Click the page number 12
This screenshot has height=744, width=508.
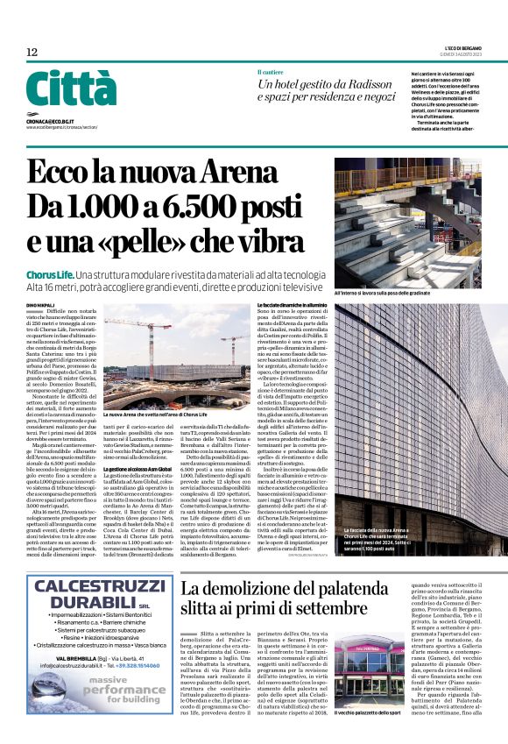coord(32,52)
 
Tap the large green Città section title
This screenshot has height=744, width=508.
coord(71,89)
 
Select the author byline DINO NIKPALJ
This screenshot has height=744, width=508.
coord(41,303)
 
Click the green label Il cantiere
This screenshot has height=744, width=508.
coord(270,71)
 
